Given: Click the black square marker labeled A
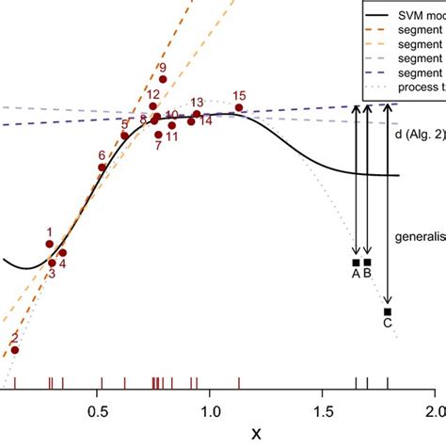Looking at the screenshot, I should (x=356, y=263).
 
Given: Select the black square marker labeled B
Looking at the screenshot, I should (x=368, y=263).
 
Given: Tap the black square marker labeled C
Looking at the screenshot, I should (x=387, y=311).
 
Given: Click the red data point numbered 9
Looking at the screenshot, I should (x=163, y=80).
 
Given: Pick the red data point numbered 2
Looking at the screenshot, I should (x=14, y=349).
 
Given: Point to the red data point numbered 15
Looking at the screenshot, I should (x=239, y=108).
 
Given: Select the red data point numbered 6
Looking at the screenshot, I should (x=102, y=167).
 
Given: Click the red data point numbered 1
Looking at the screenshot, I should (x=49, y=244).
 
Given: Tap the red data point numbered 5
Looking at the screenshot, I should (x=124, y=136).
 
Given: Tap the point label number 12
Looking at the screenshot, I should (x=152, y=95).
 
